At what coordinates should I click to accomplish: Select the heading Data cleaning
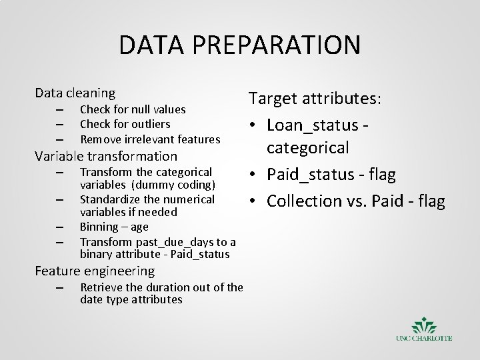[x=75, y=93]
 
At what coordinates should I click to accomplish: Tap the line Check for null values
[x=132, y=109]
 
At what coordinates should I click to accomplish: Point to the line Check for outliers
[x=125, y=124]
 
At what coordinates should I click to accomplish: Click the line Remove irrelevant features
[x=149, y=139]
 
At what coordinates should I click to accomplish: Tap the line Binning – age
[x=114, y=227]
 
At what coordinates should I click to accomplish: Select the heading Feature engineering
[x=95, y=271]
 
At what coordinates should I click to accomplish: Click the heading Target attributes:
[x=315, y=99]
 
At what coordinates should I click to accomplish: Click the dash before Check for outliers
[x=59, y=125]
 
